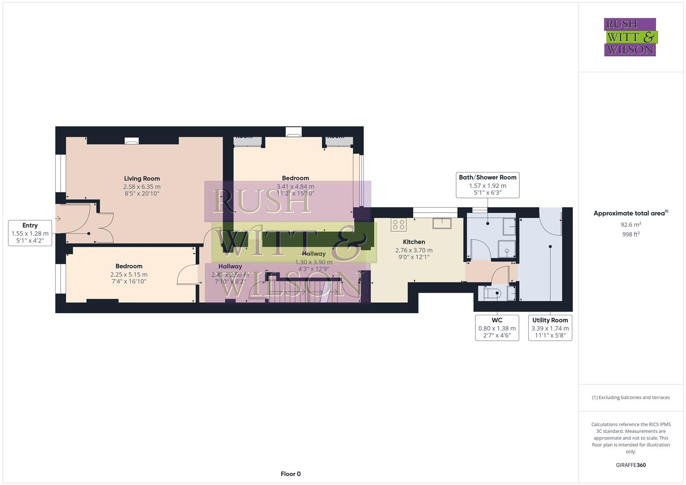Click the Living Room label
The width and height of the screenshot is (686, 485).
[142, 178]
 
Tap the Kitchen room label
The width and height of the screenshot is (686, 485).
[414, 242]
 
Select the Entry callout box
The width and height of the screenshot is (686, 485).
[30, 233]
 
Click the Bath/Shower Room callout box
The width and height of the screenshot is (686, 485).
[487, 185]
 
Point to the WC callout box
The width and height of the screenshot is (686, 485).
[497, 327]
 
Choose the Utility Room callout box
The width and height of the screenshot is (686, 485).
[550, 327]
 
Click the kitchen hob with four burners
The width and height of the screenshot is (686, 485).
[398, 225]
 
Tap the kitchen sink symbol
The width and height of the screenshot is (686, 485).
[442, 223]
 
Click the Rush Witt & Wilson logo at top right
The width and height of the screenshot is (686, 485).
[630, 37]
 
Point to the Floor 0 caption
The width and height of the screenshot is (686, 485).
[291, 474]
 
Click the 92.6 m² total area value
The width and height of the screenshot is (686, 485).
[631, 225]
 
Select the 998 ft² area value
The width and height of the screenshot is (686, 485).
[631, 234]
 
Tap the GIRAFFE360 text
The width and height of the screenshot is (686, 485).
[631, 465]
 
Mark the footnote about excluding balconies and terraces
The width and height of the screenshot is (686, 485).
[631, 397]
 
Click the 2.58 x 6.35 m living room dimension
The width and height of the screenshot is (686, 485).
[142, 186]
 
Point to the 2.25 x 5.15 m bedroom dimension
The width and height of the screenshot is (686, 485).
[129, 274]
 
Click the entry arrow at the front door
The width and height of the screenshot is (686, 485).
[58, 219]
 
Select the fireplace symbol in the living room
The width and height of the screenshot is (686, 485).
[132, 141]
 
